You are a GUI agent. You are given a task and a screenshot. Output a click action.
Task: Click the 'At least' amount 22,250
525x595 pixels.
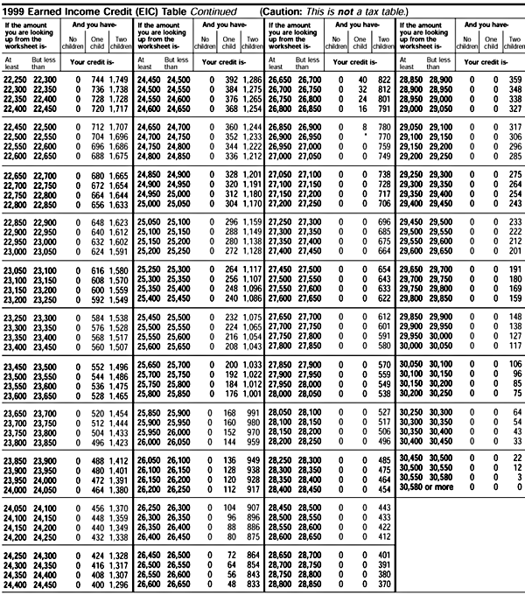(x=15, y=80)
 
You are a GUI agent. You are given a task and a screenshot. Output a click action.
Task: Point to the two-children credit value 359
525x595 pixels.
(x=514, y=80)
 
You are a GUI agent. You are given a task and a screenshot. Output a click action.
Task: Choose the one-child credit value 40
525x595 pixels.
(x=358, y=80)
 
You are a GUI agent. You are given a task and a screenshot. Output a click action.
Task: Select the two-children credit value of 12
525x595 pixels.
(x=515, y=466)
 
